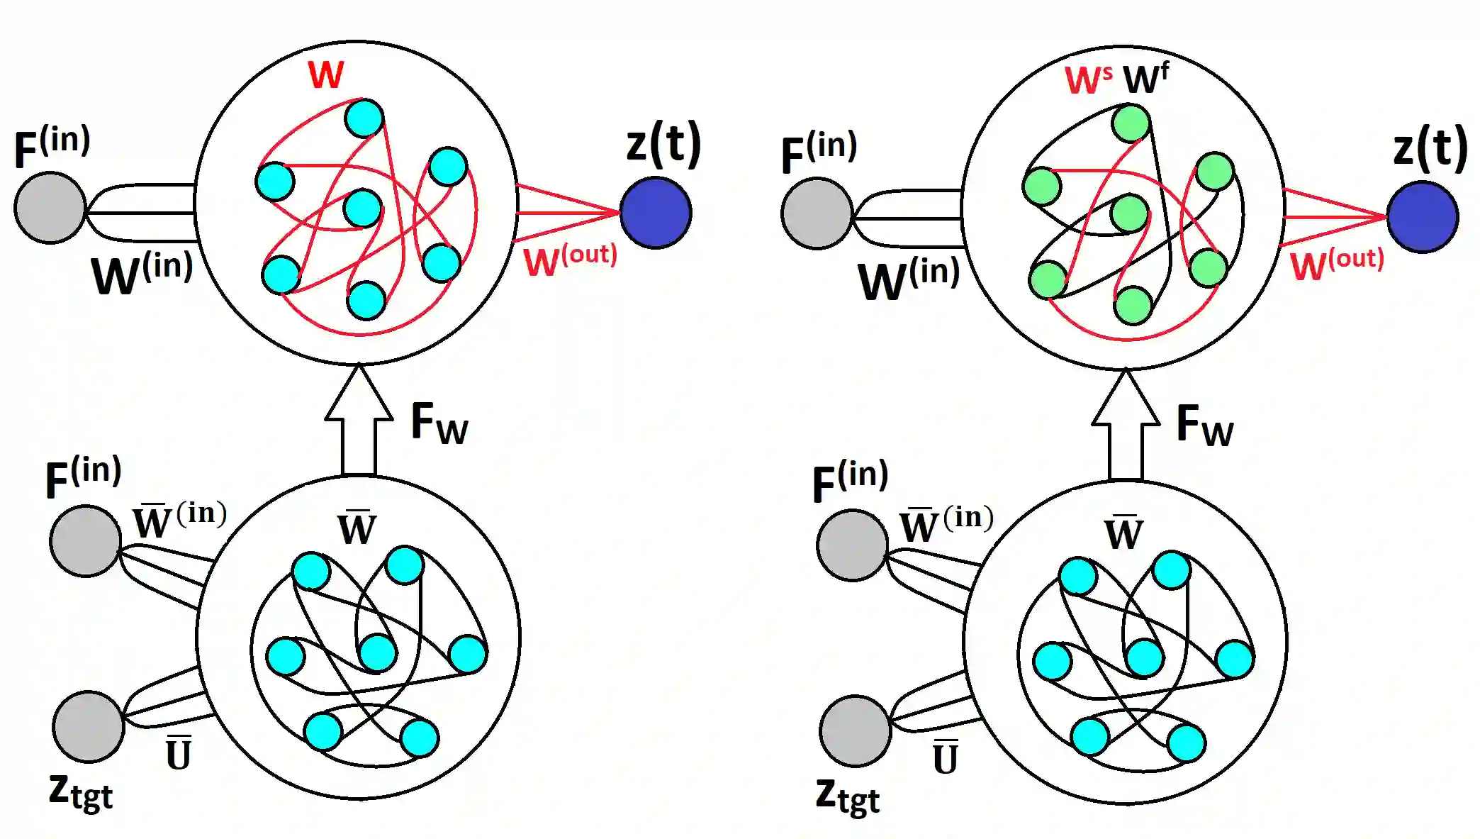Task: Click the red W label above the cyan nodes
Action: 326,74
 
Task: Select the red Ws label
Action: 1088,80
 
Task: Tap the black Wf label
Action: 1145,78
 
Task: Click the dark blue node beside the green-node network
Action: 1422,216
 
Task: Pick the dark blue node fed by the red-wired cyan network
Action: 656,212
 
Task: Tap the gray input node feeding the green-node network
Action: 817,213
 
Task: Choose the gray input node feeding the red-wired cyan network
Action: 50,208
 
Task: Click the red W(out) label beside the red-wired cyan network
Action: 570,260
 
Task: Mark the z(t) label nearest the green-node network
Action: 1430,148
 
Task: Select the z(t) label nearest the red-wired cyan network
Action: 663,143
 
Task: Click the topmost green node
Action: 1131,123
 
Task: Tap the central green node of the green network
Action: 1129,213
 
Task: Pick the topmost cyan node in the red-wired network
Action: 364,118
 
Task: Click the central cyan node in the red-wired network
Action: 362,208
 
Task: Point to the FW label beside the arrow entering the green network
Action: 1204,426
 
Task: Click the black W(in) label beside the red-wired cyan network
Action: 142,274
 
